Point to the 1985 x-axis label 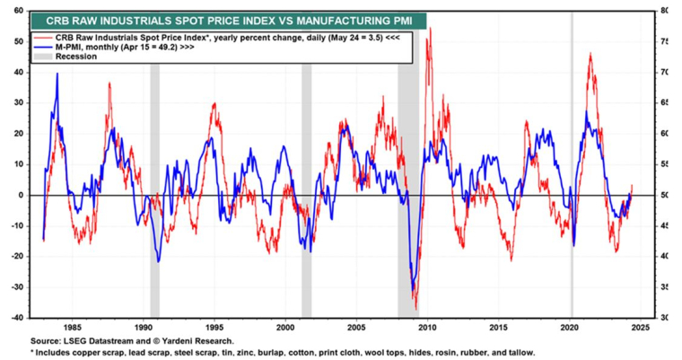pos(74,327)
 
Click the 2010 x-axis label pos(427,327)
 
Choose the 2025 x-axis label pos(639,327)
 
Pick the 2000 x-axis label pos(285,327)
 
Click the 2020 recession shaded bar pos(573,180)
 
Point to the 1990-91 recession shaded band pos(154,180)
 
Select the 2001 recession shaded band pos(307,180)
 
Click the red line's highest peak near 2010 pos(430,29)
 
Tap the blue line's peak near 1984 pos(57,75)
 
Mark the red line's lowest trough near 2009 pos(415,307)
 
